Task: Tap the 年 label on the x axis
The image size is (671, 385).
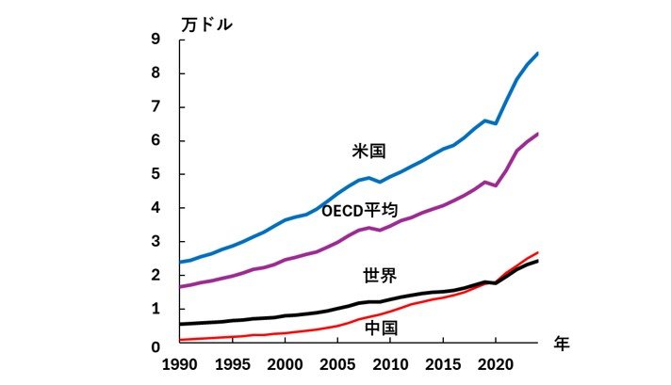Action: [x=563, y=345]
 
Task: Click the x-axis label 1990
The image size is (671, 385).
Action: [x=180, y=364]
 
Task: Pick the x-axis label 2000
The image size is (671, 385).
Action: [x=285, y=364]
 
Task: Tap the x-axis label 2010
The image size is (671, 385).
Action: [x=390, y=364]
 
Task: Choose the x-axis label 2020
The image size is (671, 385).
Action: [x=496, y=364]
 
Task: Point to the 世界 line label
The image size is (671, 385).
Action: [x=380, y=276]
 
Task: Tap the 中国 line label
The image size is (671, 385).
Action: [x=380, y=328]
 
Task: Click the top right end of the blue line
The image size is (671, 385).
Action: [x=537, y=54]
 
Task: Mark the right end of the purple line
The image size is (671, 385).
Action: [x=537, y=135]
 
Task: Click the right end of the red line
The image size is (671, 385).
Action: [x=537, y=252]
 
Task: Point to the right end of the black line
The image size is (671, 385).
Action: [x=537, y=261]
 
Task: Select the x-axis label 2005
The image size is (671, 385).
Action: [x=337, y=364]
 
